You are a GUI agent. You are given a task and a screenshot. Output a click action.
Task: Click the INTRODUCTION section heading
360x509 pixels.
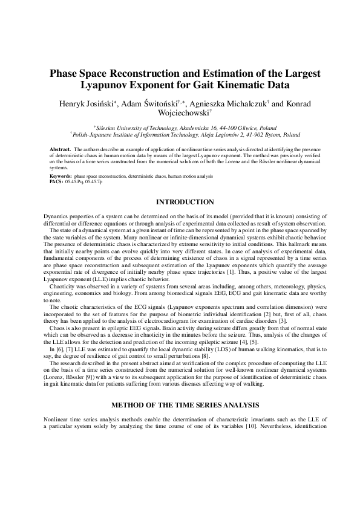pyautogui.click(x=185, y=201)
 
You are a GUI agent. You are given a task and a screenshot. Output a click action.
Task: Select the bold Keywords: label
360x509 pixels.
pyautogui.click(x=61, y=175)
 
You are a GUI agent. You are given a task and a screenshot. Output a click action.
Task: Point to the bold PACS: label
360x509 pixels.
pyautogui.click(x=56, y=180)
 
